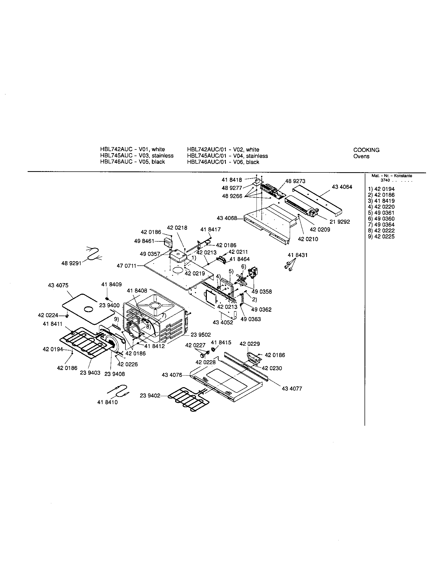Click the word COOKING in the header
[x=366, y=150]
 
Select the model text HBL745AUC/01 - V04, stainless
[x=227, y=156]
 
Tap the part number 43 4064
[x=342, y=187]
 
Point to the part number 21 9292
[x=340, y=222]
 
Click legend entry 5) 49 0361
[x=381, y=213]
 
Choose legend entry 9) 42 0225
[x=381, y=237]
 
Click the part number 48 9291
[x=71, y=263]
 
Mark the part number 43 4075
[x=58, y=285]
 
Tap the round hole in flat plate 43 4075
[x=88, y=309]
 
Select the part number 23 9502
[x=200, y=335]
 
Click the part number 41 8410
[x=107, y=402]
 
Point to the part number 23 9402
[x=150, y=396]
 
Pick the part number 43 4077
[x=292, y=389]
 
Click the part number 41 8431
[x=297, y=255]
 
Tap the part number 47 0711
[x=126, y=265]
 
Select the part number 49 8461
[x=144, y=241]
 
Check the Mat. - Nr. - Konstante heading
[x=391, y=176]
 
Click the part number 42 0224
[x=48, y=315]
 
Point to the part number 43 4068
[x=227, y=218]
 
